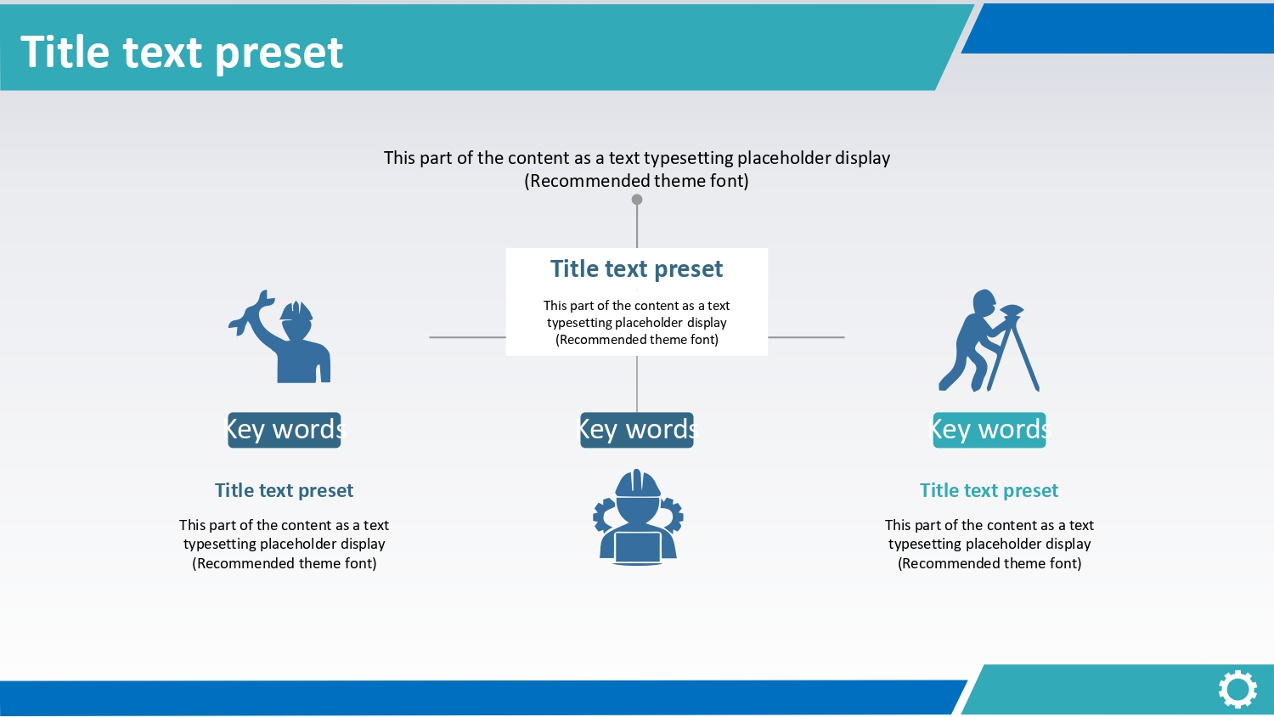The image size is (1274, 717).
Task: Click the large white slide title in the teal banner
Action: click(x=182, y=53)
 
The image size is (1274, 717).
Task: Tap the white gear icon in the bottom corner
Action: click(x=1237, y=690)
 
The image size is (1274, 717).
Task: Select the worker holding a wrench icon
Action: click(x=279, y=337)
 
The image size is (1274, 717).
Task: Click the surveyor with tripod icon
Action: click(x=989, y=341)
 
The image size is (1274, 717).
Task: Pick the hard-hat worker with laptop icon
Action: click(x=638, y=517)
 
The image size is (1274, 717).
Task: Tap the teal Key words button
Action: click(x=989, y=430)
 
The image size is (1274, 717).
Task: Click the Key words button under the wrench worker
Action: click(x=285, y=430)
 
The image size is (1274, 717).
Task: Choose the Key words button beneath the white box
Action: click(x=637, y=430)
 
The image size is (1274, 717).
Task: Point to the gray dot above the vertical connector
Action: click(x=637, y=199)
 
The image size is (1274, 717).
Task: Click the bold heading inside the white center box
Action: click(x=636, y=268)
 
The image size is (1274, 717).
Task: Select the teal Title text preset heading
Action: click(x=989, y=490)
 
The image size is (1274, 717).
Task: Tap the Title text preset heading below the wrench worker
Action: click(x=285, y=490)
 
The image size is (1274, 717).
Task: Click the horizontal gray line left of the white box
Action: click(x=467, y=337)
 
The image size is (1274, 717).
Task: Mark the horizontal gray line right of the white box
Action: click(x=806, y=337)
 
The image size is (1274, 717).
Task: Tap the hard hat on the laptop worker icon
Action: click(x=638, y=483)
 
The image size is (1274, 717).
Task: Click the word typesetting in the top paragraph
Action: click(x=688, y=158)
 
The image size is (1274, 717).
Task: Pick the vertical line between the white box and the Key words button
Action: click(x=637, y=384)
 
